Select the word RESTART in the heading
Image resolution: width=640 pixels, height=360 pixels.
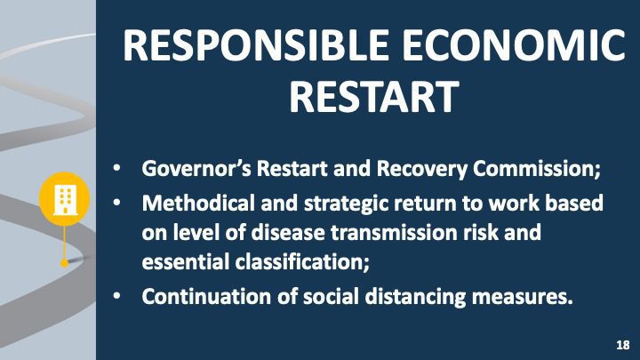pos(374,96)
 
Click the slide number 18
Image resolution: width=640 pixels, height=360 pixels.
pos(623,345)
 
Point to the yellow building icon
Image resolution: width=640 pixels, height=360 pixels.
pos(65,198)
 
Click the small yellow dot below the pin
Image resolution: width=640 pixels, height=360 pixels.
pos(65,263)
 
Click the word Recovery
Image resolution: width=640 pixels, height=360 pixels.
pos(421,169)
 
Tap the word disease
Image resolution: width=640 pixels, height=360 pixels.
pos(288,233)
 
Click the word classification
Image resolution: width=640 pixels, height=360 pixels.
pos(302,261)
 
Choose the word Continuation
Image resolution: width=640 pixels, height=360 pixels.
pos(206,296)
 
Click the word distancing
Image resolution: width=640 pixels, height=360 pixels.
pos(415,297)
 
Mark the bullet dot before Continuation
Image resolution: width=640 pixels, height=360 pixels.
pos(117,297)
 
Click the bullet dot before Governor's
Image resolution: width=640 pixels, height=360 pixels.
pos(117,169)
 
